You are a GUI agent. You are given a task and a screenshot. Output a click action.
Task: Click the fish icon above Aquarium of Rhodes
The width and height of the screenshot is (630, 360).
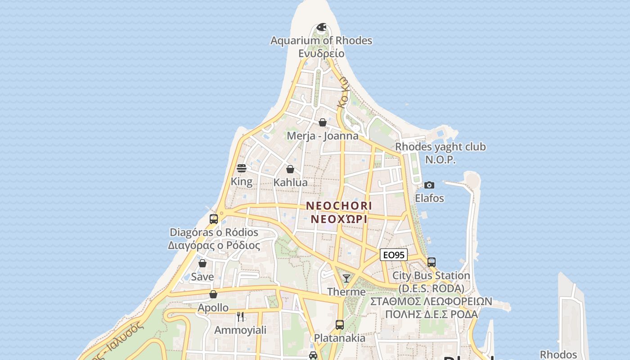click(321, 27)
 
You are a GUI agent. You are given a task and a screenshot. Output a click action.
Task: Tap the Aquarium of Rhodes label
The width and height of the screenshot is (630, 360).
click(321, 40)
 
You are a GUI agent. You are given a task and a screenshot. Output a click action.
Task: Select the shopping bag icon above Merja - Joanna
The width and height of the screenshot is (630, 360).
click(322, 122)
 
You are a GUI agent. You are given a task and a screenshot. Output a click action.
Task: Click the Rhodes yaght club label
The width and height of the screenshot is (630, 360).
click(440, 147)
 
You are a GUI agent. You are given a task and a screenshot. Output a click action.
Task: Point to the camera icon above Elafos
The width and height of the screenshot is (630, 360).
click(429, 185)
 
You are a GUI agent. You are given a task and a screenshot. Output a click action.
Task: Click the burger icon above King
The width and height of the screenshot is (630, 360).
click(242, 169)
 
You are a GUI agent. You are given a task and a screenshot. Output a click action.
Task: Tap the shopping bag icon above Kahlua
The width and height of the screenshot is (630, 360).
click(290, 170)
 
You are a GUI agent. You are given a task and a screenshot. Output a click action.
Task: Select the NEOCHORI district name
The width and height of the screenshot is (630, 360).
click(339, 206)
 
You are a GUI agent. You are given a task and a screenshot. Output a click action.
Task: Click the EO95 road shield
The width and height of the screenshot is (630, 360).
click(393, 255)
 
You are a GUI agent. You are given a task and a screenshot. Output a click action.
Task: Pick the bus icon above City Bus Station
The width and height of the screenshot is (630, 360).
click(431, 262)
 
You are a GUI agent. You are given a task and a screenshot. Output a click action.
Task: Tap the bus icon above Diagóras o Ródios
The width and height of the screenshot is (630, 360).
click(214, 219)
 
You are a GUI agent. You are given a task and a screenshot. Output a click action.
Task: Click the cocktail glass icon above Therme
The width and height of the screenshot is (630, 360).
click(346, 279)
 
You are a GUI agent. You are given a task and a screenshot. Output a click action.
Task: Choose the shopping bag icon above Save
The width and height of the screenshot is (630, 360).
click(202, 263)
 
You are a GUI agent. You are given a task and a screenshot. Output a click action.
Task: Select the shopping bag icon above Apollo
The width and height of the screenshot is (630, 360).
click(213, 294)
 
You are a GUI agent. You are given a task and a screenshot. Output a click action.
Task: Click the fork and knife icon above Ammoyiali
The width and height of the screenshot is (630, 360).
click(240, 317)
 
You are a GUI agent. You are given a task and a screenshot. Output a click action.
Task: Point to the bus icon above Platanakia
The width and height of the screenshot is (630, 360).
click(340, 324)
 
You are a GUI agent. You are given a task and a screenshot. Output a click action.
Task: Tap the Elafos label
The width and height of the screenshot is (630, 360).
click(429, 198)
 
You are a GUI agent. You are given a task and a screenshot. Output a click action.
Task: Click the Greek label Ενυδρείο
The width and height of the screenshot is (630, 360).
click(321, 54)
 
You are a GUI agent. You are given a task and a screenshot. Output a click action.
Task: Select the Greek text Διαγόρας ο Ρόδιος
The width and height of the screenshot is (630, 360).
click(214, 246)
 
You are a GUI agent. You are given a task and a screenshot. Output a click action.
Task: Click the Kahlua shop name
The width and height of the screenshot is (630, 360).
click(291, 183)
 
